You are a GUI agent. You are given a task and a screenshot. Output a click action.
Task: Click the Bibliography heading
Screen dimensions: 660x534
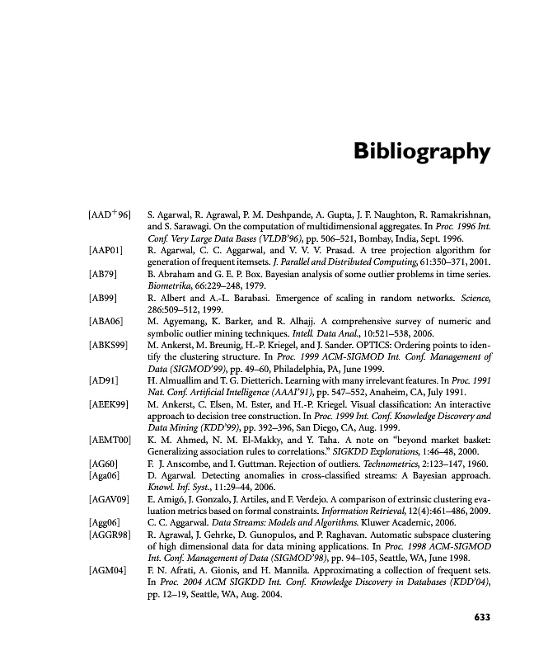pyautogui.click(x=421, y=153)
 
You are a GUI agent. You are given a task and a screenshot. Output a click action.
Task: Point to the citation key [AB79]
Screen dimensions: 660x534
pyautogui.click(x=102, y=272)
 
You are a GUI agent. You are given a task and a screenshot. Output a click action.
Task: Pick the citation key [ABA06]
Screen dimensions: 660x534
pyautogui.click(x=105, y=320)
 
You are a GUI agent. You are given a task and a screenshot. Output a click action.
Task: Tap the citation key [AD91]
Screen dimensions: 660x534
pyautogui.click(x=102, y=380)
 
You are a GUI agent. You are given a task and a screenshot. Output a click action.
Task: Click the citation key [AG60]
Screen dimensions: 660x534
pyautogui.click(x=103, y=464)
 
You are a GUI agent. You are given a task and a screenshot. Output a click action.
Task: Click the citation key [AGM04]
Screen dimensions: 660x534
pyautogui.click(x=107, y=573)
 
